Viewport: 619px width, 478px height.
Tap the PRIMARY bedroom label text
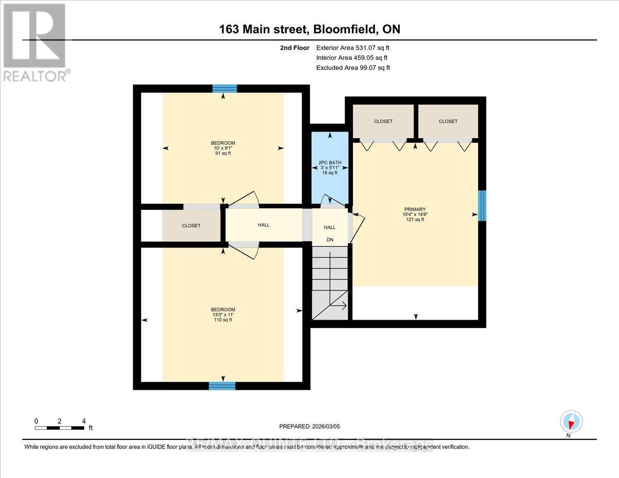tap(414, 209)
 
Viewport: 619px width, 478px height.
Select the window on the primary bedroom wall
tap(482, 206)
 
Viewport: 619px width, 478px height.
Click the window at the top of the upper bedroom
tap(224, 88)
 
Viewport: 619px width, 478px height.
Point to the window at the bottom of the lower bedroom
tap(222, 386)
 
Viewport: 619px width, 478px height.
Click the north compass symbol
tap(571, 422)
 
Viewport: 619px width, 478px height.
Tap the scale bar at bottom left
tap(60, 427)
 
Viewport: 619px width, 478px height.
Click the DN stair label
tap(329, 240)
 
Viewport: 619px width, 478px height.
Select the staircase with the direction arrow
tap(330, 283)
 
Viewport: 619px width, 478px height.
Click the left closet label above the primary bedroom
tap(383, 121)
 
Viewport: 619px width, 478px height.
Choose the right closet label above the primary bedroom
tap(448, 121)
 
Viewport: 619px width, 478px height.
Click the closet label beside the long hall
tap(191, 226)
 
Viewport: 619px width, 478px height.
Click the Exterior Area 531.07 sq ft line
tap(352, 47)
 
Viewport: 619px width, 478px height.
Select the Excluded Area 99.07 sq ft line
tap(353, 68)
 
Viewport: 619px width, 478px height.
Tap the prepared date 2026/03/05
tap(310, 426)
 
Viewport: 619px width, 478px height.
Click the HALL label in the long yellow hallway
tap(264, 225)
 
